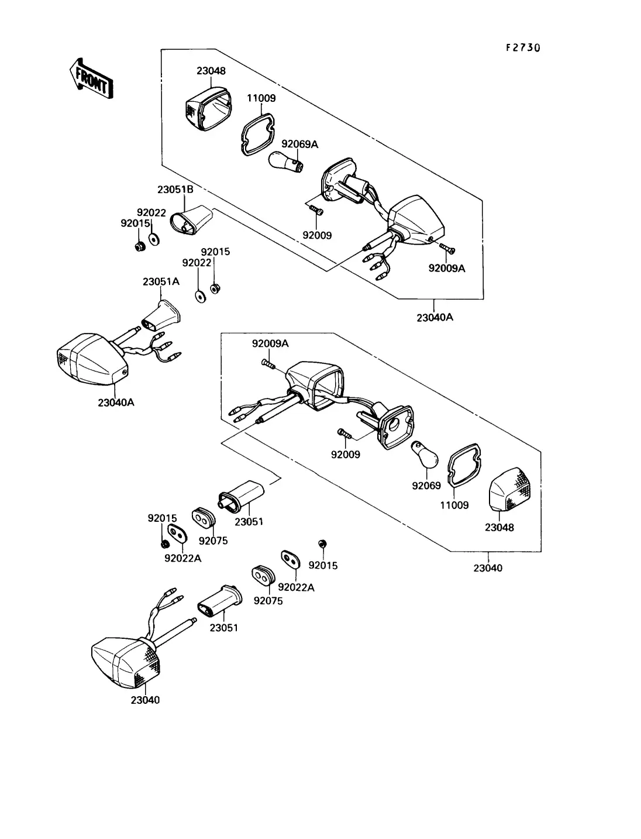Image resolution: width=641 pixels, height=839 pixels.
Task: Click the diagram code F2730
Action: pyautogui.click(x=523, y=47)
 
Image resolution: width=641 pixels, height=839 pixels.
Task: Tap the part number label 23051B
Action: pyautogui.click(x=175, y=190)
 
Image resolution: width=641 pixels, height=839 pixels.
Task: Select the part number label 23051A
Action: pyautogui.click(x=161, y=281)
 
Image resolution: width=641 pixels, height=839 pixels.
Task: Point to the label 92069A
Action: pyautogui.click(x=300, y=144)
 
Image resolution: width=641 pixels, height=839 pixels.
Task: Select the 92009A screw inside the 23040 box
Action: pyautogui.click(x=268, y=364)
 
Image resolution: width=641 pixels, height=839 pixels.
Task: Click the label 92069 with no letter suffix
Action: pyautogui.click(x=426, y=486)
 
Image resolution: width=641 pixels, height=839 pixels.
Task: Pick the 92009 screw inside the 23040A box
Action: pyautogui.click(x=315, y=209)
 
